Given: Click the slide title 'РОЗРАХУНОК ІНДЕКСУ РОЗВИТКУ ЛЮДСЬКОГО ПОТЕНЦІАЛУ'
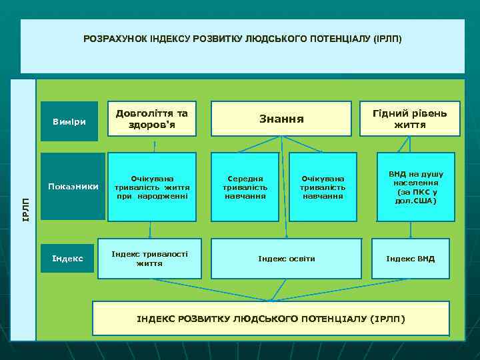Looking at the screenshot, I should coord(243,39).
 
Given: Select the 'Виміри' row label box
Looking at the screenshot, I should coord(69,121).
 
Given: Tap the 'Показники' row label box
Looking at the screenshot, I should coord(73,186).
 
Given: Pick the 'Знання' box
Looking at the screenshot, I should coord(281,119).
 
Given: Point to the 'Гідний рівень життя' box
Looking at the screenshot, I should coord(410,119).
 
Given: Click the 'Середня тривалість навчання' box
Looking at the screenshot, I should coord(245,187).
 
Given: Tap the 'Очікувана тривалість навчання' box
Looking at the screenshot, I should coord(323,187).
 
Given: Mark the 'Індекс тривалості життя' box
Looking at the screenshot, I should coord(149,258).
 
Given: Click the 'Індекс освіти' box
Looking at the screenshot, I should coord(287,258).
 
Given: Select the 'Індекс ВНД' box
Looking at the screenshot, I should coord(410,258).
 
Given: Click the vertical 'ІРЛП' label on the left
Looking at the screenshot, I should coord(24,210).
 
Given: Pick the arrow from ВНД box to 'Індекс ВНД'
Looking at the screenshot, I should coord(411,230).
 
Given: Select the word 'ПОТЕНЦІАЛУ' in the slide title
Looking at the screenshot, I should coord(340,39).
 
